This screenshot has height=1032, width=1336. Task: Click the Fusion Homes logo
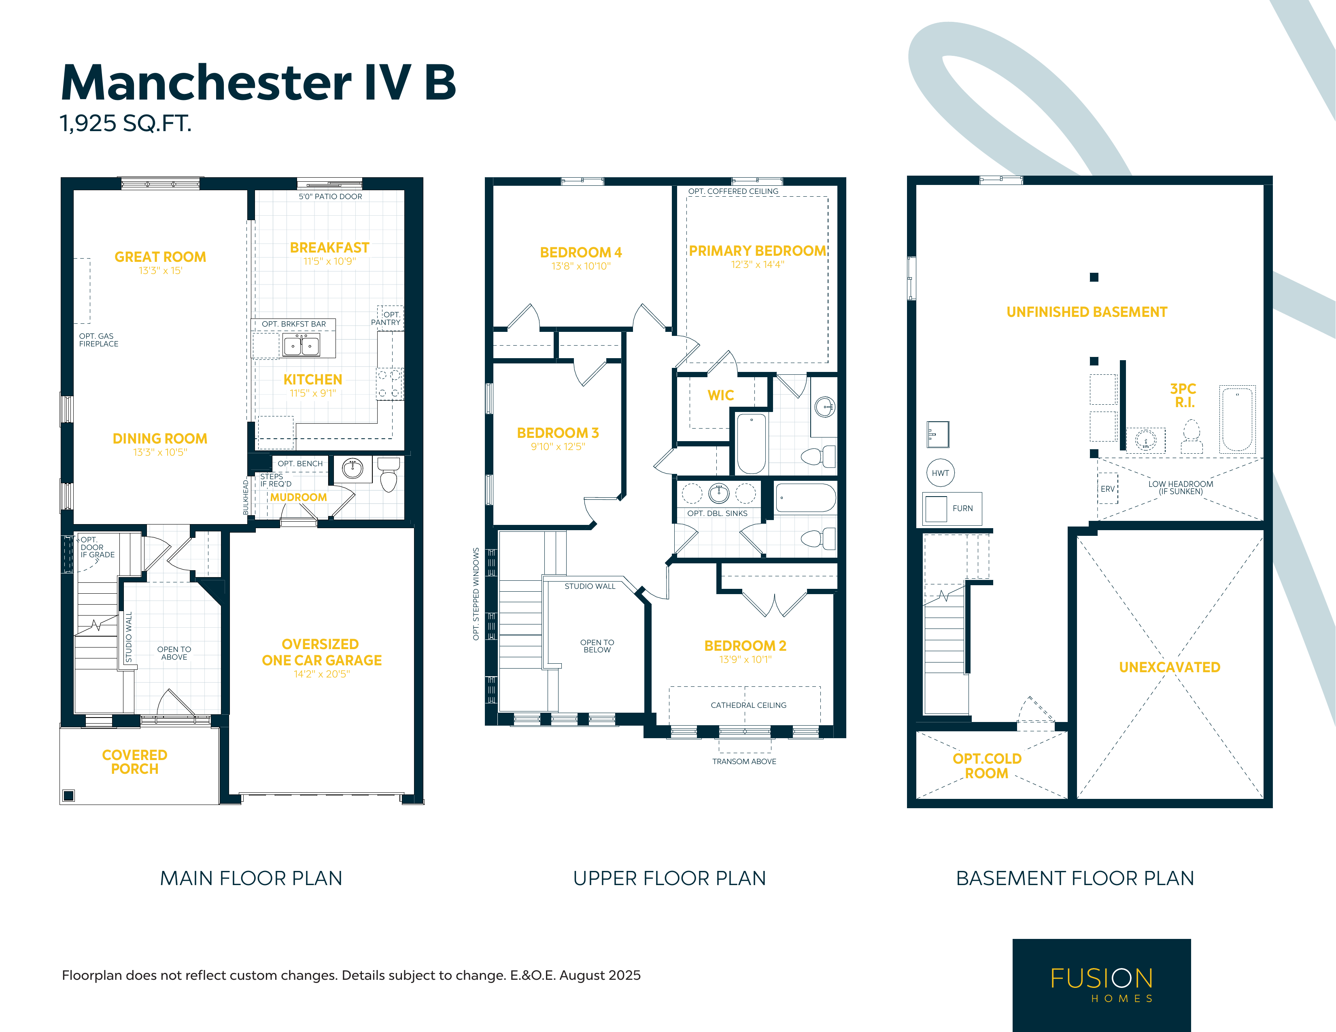[1101, 985]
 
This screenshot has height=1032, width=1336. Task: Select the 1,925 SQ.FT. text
[125, 123]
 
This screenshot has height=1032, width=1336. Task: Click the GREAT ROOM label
[160, 257]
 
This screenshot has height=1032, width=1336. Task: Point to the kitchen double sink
[301, 346]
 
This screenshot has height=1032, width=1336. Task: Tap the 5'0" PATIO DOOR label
[330, 196]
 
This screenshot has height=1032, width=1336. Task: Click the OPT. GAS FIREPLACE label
[98, 340]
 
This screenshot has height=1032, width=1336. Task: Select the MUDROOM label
[299, 497]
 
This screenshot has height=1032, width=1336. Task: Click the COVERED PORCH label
[135, 762]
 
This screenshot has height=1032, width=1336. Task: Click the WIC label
[720, 395]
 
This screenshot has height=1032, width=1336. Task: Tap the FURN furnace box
[952, 508]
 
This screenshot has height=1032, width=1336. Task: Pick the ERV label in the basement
[1107, 489]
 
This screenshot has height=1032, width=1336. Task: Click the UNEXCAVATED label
[1170, 667]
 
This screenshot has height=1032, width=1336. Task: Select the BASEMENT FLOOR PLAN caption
[1075, 879]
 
